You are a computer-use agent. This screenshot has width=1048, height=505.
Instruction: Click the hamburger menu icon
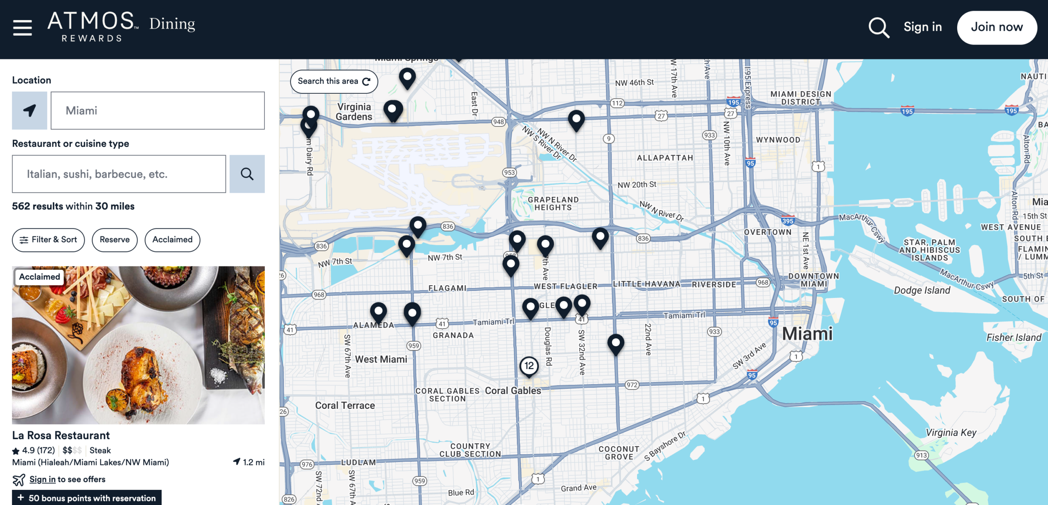point(23,27)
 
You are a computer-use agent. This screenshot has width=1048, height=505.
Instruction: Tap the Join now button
point(996,27)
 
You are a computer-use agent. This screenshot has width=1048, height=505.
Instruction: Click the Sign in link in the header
point(922,27)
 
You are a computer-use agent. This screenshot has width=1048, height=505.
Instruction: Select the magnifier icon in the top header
point(879,27)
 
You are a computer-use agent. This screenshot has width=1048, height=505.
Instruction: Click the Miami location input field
point(158,110)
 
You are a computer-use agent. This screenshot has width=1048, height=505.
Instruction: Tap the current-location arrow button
point(29,110)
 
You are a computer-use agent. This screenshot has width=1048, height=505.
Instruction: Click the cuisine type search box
point(119,174)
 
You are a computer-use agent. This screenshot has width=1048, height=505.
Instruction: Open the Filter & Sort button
point(48,240)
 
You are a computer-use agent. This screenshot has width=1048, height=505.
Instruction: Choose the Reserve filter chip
point(115,240)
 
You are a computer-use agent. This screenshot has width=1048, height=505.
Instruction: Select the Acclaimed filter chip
point(172,240)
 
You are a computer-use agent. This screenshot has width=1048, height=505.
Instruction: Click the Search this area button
point(334,81)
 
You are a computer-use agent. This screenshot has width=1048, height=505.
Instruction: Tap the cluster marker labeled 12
point(529,366)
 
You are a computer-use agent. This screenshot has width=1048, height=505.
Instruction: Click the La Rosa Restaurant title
point(61,435)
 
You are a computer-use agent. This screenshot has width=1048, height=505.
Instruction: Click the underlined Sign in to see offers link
point(42,479)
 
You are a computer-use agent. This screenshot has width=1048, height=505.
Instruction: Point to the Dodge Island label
point(922,290)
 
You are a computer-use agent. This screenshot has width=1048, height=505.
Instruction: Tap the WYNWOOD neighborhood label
point(778,140)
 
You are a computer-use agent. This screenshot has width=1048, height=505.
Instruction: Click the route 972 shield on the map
point(632,385)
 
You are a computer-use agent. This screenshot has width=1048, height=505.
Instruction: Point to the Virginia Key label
point(951,433)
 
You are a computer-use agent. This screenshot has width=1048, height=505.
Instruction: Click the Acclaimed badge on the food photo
point(39,277)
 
